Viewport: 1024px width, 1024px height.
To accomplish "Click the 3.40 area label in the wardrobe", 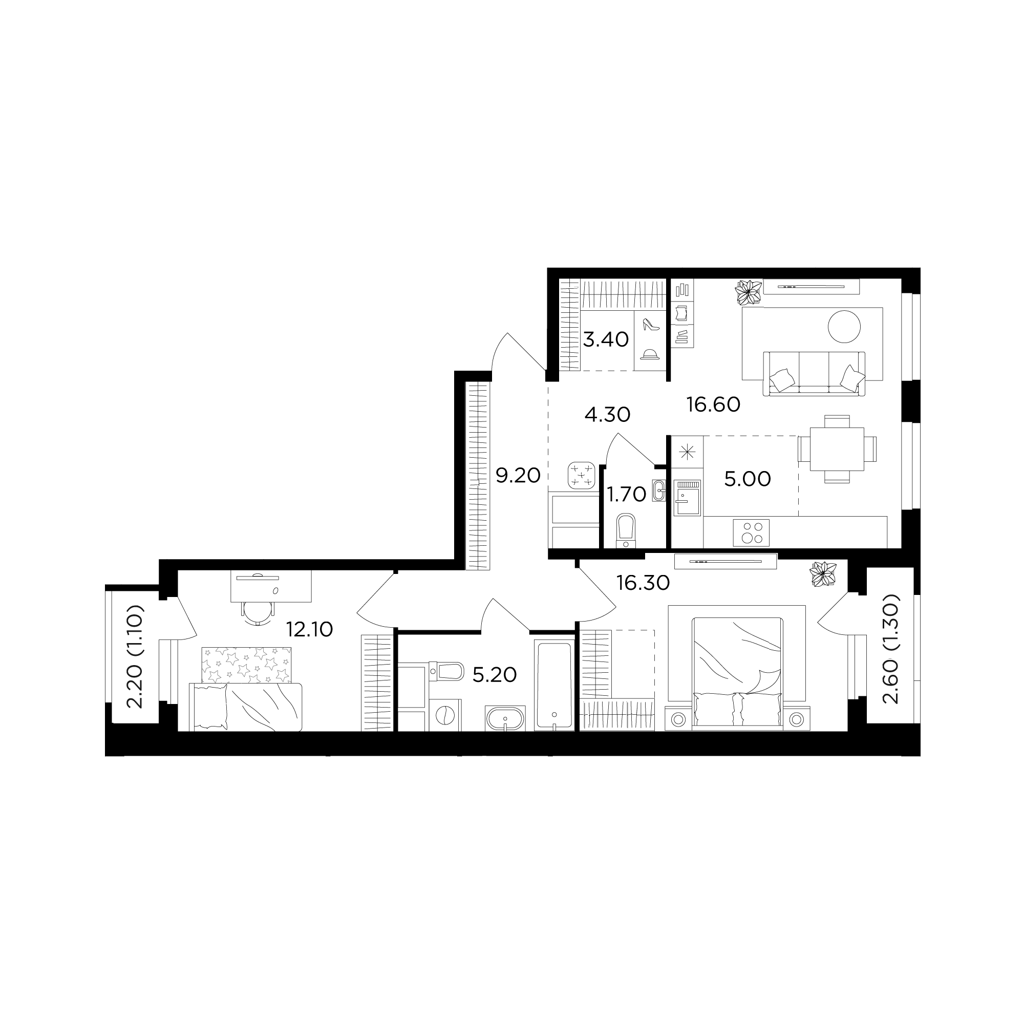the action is coord(606,339).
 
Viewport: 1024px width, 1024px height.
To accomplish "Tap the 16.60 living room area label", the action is coord(713,405).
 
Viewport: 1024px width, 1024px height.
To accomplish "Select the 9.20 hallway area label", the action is coord(518,476).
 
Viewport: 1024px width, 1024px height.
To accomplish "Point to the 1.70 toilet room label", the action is coord(627,495).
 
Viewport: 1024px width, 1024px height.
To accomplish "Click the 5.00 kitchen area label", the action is coord(748,479).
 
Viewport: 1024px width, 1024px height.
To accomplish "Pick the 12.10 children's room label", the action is coord(310,630).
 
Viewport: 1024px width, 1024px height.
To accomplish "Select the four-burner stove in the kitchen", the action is coord(751,532).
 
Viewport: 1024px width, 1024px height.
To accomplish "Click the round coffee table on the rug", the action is coord(844,327).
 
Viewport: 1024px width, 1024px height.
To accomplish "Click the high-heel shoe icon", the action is coord(650,325).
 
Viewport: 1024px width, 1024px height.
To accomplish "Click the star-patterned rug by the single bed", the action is coord(246,665).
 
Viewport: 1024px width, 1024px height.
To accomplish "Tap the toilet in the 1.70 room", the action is coord(626,530).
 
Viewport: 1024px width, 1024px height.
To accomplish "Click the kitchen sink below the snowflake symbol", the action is coord(688,498).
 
